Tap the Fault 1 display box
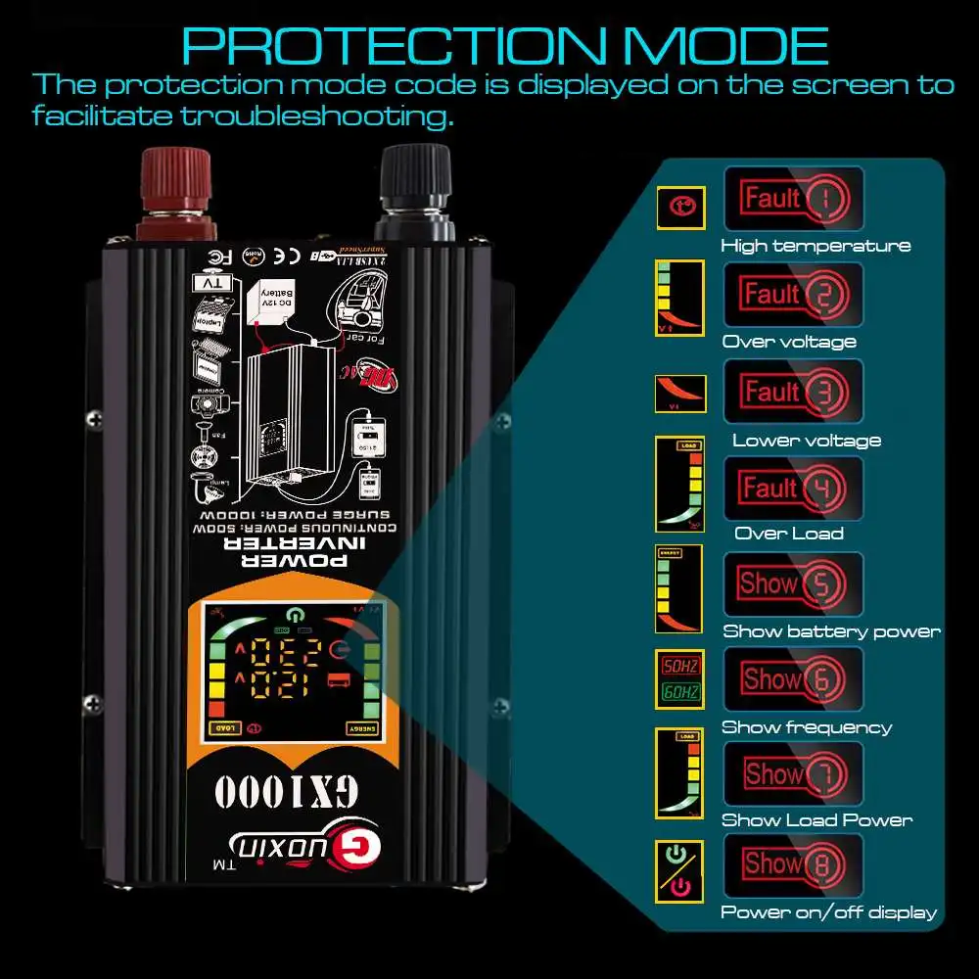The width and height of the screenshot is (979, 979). [794, 199]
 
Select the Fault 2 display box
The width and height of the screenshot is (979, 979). [794, 295]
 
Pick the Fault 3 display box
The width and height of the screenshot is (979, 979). [794, 392]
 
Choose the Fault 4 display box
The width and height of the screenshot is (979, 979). [794, 488]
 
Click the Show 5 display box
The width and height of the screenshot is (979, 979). [794, 584]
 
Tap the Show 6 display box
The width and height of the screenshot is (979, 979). [794, 678]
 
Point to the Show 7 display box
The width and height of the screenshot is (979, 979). [794, 773]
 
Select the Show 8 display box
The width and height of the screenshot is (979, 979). [794, 864]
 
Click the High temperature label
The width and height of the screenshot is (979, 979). [816, 246]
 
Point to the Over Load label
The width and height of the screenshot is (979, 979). [789, 534]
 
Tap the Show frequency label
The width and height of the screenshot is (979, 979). [807, 727]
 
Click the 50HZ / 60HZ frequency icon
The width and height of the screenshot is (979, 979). [678, 678]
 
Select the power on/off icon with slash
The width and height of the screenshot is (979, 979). [678, 871]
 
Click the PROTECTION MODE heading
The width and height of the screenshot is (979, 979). [505, 46]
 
